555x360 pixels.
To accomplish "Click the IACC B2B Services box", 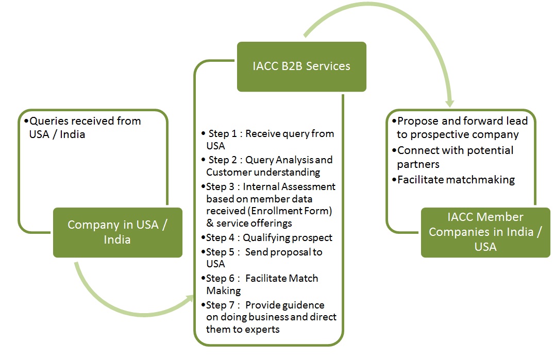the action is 301,66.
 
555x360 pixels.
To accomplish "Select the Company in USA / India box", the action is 117,232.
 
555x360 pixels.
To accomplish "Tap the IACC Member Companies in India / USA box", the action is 485,232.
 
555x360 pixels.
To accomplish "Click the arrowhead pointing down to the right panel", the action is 449,103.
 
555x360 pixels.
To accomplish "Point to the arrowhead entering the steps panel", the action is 190,299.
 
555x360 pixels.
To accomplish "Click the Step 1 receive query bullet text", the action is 268,140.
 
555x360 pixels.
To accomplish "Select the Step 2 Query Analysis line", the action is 267,166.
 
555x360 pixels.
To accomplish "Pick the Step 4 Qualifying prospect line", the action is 267,237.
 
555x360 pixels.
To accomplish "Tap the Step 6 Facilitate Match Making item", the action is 260,284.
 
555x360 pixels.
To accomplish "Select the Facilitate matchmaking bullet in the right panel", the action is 453,180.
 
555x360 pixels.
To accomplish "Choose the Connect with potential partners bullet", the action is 452,157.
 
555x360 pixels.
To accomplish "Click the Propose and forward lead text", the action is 460,128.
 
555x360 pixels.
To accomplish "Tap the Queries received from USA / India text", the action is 82,128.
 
